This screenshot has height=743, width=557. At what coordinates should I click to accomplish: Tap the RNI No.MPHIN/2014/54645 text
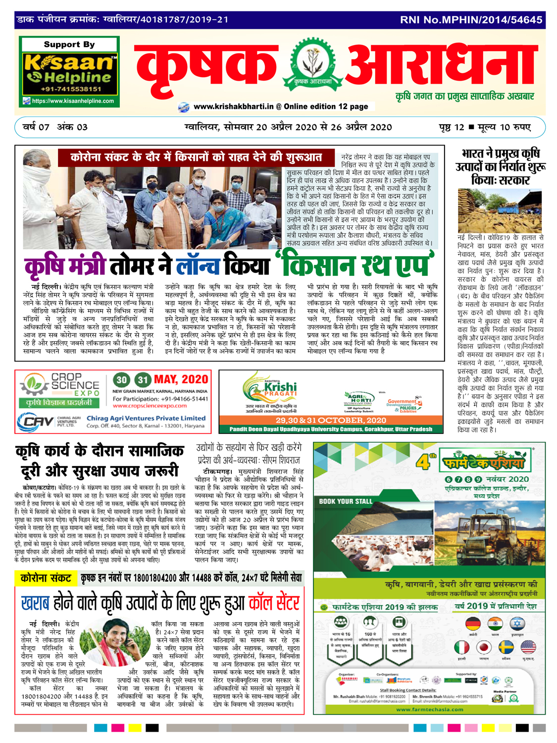(x=471, y=20)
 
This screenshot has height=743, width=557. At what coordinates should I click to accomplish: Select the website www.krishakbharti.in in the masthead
(x=233, y=106)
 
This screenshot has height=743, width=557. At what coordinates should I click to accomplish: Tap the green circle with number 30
(x=121, y=380)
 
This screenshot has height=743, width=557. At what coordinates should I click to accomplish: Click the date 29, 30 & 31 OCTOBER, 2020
(x=331, y=420)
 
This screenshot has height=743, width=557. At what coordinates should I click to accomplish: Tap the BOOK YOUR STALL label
(x=345, y=501)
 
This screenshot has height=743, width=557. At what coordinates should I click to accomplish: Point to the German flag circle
(x=473, y=623)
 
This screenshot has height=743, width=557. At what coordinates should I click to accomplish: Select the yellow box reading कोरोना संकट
(x=46, y=578)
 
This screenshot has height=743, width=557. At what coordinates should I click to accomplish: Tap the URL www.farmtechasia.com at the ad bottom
(x=430, y=709)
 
